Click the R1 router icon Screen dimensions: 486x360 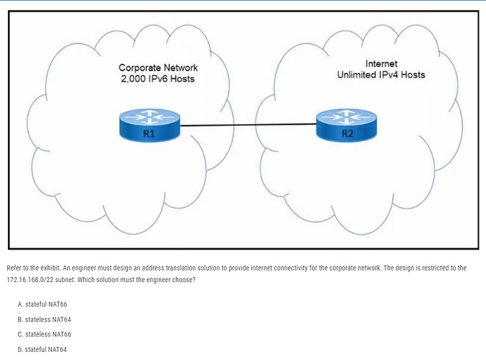pos(149,125)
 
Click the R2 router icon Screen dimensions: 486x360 pos(347,125)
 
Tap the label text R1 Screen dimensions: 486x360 pos(149,133)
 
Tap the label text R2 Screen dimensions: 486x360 pos(347,133)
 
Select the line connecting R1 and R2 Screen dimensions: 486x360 pos(248,125)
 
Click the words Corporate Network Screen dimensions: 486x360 pos(158,68)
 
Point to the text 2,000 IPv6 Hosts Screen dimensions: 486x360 pos(157,79)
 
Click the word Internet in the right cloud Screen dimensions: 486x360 pos(381,63)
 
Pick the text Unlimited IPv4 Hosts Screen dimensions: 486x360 pos(381,75)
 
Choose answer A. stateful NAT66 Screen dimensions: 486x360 pos(42,304)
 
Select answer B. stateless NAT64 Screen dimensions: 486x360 pos(44,320)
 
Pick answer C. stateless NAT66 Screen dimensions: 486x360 pos(44,334)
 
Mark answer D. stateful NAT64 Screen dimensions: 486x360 pos(42,349)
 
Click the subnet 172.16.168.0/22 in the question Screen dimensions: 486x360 pos(30,280)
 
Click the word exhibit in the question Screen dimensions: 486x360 pos(51,268)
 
